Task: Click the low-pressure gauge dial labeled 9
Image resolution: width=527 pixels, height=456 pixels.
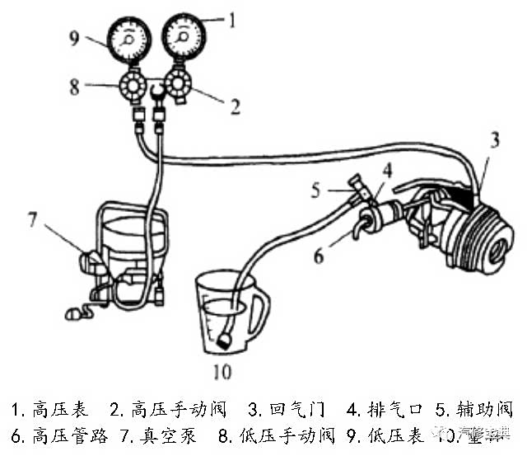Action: coord(129,42)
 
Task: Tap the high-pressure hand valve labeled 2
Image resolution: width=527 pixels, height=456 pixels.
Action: coord(176,84)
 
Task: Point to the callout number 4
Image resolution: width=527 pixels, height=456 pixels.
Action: coord(385,171)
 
